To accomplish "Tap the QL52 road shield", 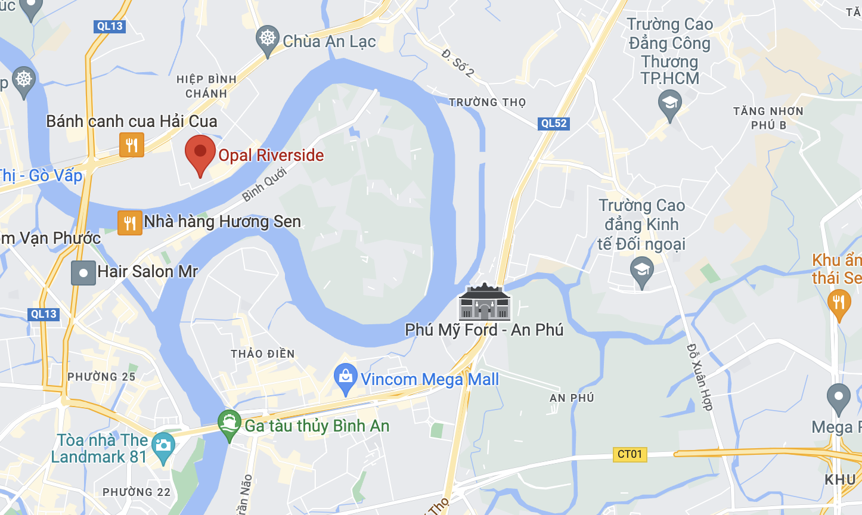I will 554,123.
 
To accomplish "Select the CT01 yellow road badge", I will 630,454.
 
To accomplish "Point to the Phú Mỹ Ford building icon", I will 484,302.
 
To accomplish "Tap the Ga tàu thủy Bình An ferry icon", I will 230,424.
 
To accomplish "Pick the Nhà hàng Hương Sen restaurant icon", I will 129,223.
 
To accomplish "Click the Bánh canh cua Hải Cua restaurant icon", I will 132,145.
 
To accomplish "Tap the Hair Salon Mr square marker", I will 83,273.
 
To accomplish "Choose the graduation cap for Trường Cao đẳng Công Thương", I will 669,104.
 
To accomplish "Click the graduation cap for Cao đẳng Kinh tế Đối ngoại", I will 641,271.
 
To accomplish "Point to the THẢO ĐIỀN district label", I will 263,353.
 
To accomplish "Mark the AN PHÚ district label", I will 572,398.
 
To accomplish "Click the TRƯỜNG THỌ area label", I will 488,102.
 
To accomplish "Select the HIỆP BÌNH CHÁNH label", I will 206,86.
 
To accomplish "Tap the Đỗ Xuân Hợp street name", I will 699,377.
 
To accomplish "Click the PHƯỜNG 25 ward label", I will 101,377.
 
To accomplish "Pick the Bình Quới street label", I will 264,185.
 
